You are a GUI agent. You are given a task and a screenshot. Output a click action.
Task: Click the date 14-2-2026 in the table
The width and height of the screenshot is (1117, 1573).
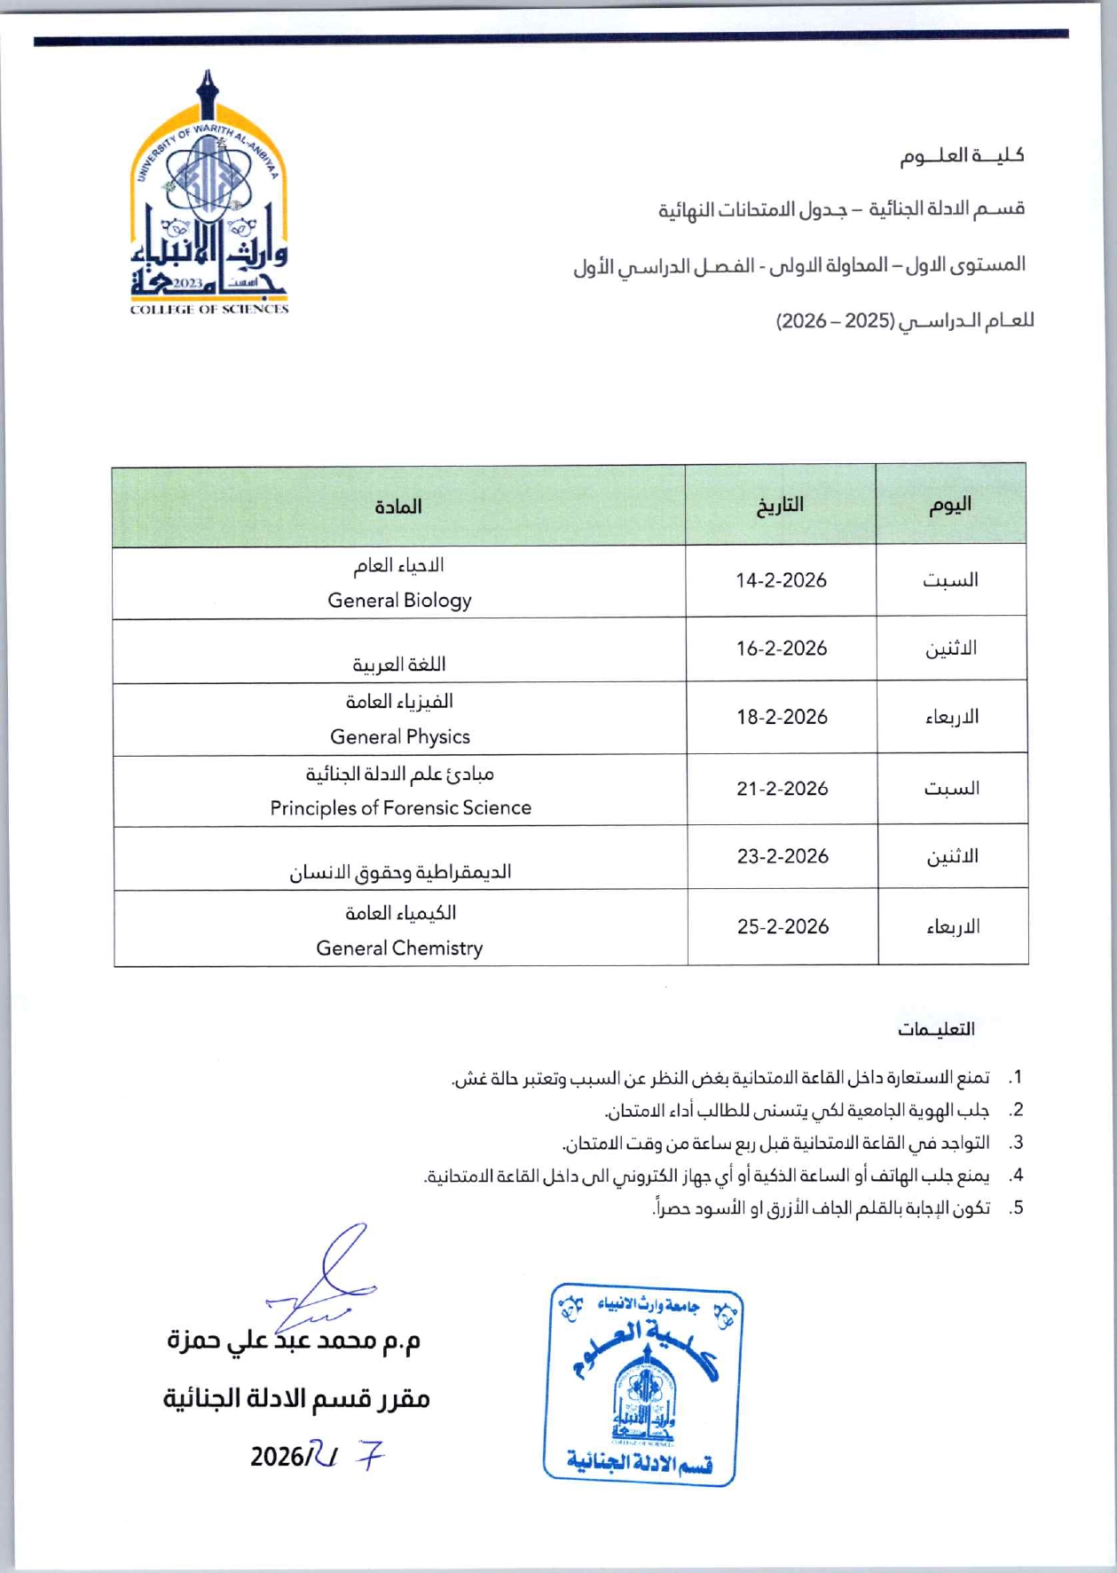click(x=781, y=580)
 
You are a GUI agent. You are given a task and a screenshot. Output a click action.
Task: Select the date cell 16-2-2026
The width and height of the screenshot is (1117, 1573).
click(x=781, y=649)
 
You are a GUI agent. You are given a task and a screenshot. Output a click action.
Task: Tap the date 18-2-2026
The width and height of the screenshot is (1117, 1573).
click(x=781, y=717)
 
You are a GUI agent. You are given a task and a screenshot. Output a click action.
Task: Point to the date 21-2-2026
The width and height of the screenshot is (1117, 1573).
click(x=782, y=789)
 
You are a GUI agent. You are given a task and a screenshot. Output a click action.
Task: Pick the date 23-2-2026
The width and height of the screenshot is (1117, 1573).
click(x=782, y=856)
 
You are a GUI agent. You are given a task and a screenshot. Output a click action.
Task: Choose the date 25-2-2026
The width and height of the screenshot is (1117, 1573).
click(x=783, y=927)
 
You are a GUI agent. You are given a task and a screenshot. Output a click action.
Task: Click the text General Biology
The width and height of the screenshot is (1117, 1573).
click(x=399, y=601)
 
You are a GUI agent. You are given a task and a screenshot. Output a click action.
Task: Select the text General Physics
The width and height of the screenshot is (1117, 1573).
click(x=399, y=737)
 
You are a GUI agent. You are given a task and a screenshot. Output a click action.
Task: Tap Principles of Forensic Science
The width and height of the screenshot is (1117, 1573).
click(x=400, y=808)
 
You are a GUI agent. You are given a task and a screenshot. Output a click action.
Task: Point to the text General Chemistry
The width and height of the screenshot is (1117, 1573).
click(x=399, y=948)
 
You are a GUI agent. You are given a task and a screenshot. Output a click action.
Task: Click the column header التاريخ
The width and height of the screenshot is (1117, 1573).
click(x=780, y=505)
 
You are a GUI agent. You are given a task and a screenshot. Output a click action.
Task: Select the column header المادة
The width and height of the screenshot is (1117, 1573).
click(x=398, y=507)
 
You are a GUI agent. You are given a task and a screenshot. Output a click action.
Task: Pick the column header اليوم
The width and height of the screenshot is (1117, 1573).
click(x=950, y=505)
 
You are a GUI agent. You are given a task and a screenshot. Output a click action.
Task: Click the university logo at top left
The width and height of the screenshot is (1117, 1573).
click(x=209, y=195)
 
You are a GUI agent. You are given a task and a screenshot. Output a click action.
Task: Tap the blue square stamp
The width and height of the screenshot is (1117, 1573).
click(x=642, y=1383)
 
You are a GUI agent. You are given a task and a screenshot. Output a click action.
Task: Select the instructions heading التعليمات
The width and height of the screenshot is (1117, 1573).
click(x=935, y=1029)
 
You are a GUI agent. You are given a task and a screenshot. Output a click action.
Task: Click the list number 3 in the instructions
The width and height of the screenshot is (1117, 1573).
click(x=1017, y=1143)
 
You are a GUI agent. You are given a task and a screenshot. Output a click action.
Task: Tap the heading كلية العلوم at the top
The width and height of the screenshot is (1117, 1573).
click(x=962, y=156)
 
